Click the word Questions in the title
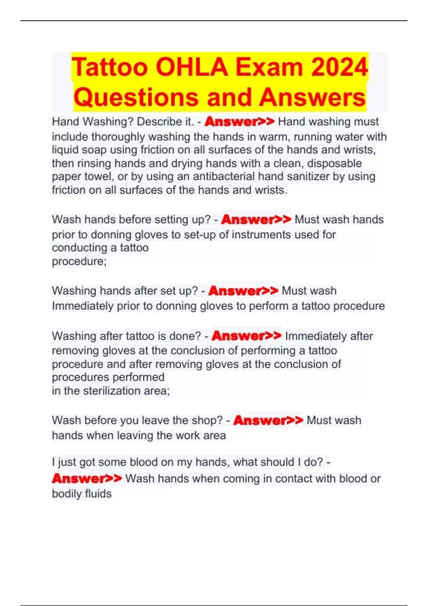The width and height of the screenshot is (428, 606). tap(136, 97)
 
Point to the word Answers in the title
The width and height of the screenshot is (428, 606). tap(312, 97)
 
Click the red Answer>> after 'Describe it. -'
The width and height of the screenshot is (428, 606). tap(239, 122)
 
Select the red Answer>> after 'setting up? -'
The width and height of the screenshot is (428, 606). tap(256, 219)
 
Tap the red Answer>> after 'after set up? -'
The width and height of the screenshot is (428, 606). tap(243, 291)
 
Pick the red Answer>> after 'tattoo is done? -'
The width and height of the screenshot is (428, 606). tap(246, 336)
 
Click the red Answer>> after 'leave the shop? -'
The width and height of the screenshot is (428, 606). tap(268, 420)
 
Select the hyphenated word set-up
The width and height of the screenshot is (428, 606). tap(200, 235)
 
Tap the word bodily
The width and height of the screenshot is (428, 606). tap(66, 494)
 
